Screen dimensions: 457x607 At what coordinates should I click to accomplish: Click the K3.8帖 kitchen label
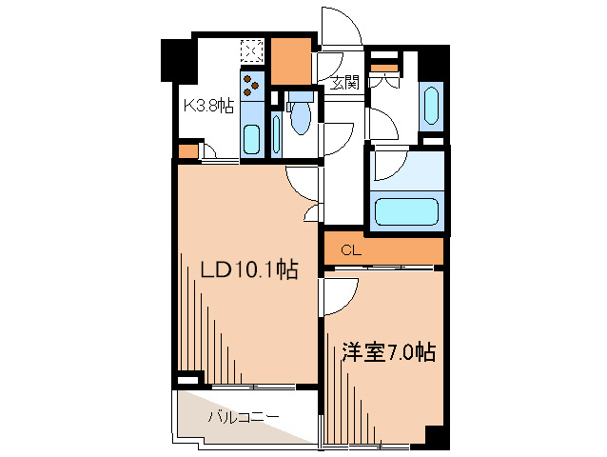[208, 106]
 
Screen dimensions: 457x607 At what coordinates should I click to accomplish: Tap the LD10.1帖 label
[249, 271]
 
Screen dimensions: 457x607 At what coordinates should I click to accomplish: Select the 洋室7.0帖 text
[388, 353]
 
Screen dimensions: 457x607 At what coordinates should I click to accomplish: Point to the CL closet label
[350, 251]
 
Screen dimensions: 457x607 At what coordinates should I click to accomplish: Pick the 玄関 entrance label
[344, 82]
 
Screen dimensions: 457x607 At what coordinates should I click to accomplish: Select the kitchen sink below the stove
[252, 138]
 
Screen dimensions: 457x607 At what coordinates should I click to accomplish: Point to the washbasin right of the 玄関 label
[430, 106]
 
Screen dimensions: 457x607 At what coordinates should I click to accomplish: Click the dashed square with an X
[252, 50]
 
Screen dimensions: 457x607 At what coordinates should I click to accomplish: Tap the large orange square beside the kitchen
[292, 60]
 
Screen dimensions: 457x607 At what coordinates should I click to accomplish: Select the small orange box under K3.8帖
[188, 150]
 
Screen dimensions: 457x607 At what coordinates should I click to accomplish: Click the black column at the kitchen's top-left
[175, 59]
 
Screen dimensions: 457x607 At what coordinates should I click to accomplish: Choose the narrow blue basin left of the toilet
[276, 133]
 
